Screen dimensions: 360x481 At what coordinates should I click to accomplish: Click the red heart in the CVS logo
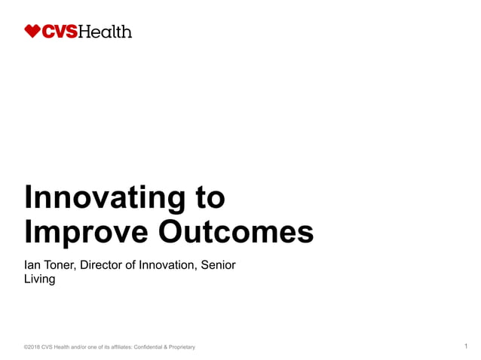click(32, 31)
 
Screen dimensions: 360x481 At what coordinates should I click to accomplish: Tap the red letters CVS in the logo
click(60, 32)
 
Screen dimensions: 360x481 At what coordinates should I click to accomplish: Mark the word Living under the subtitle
click(40, 280)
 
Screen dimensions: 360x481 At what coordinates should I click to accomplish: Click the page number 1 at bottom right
click(467, 346)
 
